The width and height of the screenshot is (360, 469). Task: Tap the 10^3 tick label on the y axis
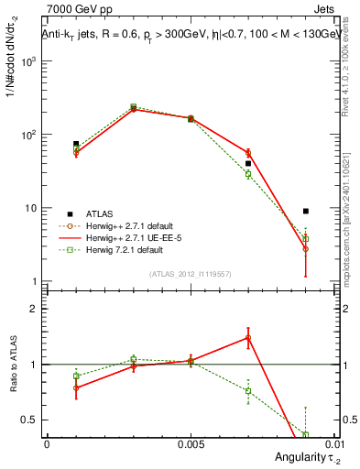(x=28, y=61)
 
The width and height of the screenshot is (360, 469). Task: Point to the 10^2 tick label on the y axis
(x=28, y=135)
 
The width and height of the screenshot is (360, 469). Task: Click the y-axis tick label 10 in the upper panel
(x=31, y=208)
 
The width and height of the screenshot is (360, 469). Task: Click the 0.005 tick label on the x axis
(x=190, y=443)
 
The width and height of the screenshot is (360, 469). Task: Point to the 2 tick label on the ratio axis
(x=36, y=309)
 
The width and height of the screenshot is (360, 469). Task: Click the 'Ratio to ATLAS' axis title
(x=12, y=364)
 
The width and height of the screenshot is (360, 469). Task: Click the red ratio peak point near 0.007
(x=247, y=337)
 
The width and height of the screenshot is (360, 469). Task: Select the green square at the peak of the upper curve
(x=133, y=107)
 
